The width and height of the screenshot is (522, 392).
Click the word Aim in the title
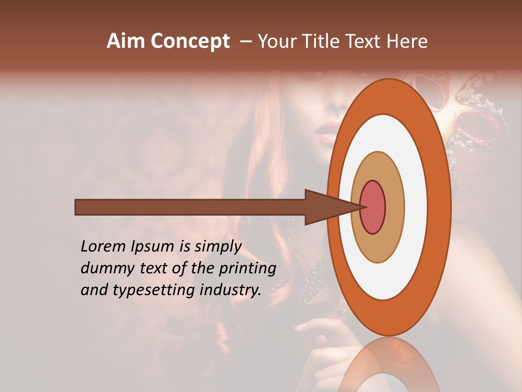(126, 41)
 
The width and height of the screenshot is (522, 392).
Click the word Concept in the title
(190, 41)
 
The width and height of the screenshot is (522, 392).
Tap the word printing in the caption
(247, 269)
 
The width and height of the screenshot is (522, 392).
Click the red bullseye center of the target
(372, 207)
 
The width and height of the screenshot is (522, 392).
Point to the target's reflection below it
(389, 365)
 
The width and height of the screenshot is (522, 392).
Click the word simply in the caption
(217, 246)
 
